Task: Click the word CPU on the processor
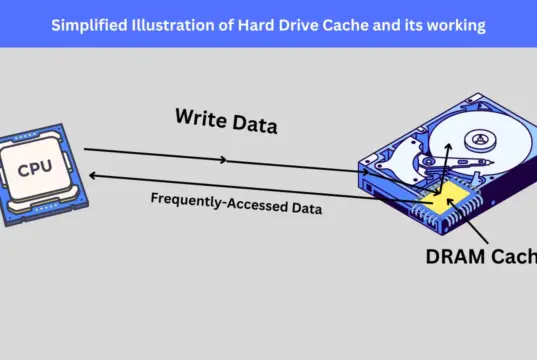point(36,169)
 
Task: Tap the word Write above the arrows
point(200,117)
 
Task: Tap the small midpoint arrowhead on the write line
point(226,160)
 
